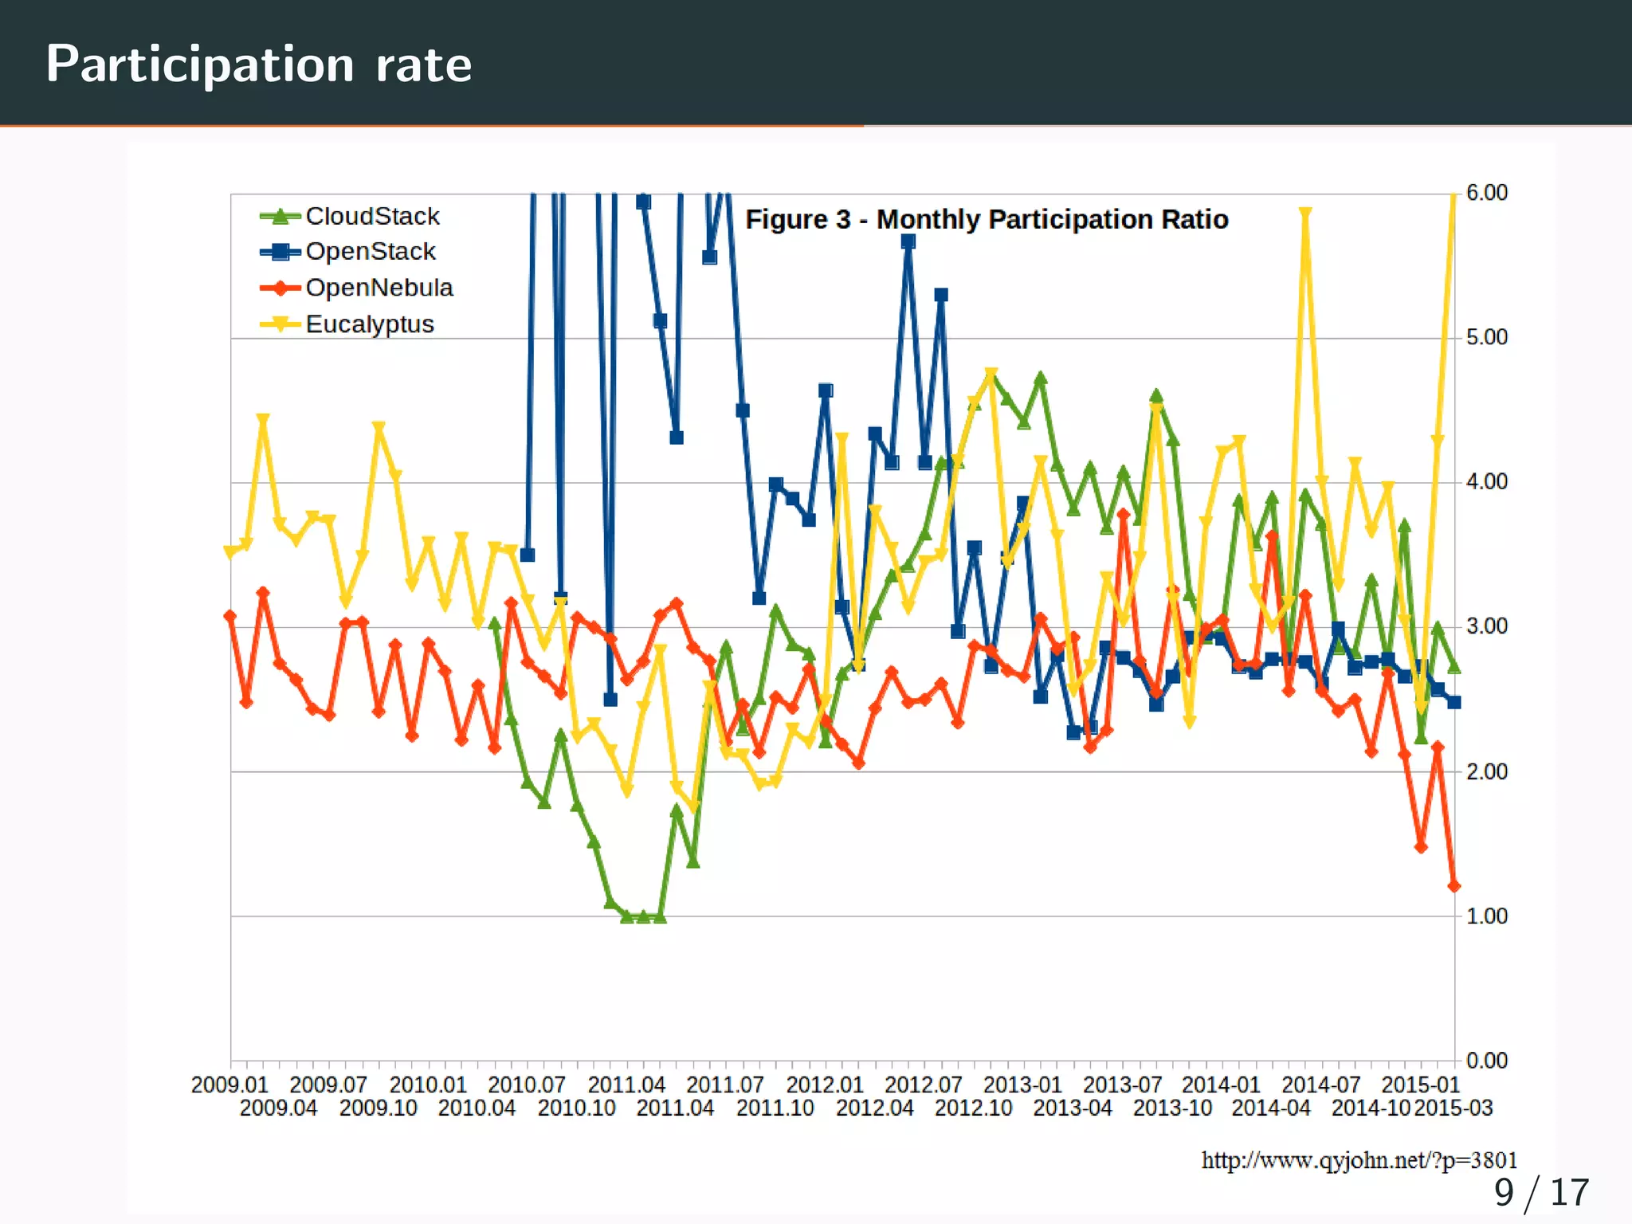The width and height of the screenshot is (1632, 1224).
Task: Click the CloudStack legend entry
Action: click(371, 216)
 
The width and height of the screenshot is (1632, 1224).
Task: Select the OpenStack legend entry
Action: click(370, 252)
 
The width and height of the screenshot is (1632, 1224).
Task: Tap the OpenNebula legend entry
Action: click(379, 288)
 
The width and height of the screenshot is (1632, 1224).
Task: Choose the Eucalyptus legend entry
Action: click(369, 324)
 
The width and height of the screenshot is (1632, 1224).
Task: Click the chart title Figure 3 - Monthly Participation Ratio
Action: click(987, 219)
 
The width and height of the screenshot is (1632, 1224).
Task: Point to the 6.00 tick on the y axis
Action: click(1486, 193)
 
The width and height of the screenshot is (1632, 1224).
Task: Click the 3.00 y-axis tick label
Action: click(1486, 626)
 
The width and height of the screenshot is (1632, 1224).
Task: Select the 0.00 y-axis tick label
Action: click(1486, 1061)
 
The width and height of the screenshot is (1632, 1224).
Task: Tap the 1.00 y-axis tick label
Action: click(1486, 916)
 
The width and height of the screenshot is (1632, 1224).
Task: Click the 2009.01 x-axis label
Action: click(229, 1085)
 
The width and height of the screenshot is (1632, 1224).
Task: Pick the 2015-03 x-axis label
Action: click(1453, 1108)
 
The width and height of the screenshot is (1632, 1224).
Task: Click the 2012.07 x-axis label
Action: click(924, 1085)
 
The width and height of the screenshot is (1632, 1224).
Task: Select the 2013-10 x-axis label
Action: click(1172, 1108)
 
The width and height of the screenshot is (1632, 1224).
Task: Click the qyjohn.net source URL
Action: click(1359, 1160)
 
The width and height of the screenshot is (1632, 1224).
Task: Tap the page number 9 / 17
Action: click(1540, 1193)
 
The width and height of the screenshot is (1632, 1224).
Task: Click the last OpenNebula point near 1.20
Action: click(1453, 886)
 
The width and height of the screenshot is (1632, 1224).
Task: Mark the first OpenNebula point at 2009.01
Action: click(230, 616)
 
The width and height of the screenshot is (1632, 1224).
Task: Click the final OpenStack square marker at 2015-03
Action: click(1453, 702)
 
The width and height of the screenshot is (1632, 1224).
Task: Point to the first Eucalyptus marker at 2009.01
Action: click(230, 552)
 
